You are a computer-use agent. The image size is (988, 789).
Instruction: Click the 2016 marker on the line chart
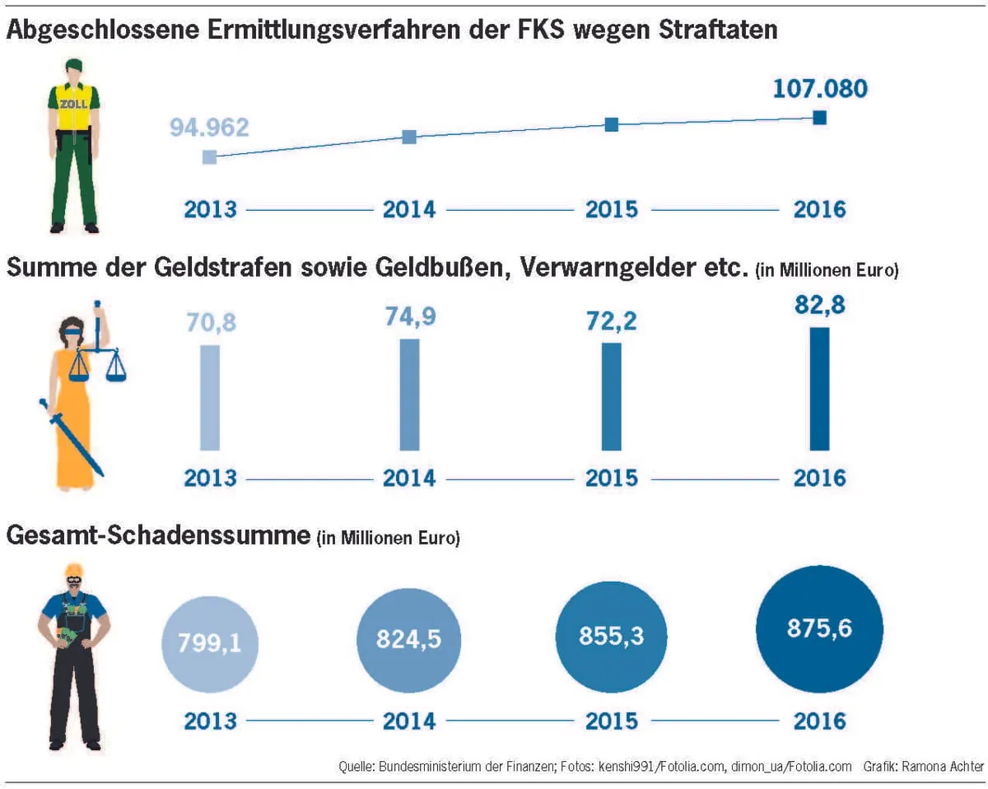click(819, 118)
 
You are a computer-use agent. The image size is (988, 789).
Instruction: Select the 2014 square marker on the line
click(409, 138)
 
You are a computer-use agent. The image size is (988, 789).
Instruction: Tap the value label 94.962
click(209, 128)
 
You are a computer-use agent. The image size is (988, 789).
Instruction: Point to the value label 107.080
click(819, 88)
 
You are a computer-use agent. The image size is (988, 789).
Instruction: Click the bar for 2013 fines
click(210, 397)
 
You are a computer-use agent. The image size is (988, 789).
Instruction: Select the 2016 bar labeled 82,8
click(819, 389)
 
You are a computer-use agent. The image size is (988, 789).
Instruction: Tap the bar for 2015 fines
click(612, 396)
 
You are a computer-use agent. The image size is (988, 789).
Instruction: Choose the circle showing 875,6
click(819, 629)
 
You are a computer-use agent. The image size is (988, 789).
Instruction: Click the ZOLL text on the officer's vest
click(73, 105)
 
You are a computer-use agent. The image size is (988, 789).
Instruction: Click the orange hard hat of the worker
click(73, 569)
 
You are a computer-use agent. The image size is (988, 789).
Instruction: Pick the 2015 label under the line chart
click(612, 209)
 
